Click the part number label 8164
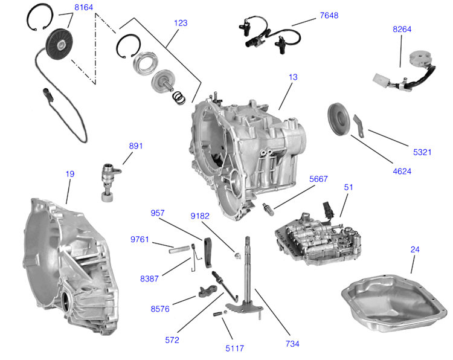tap(84, 8)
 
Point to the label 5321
tap(422, 152)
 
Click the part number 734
tap(292, 344)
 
